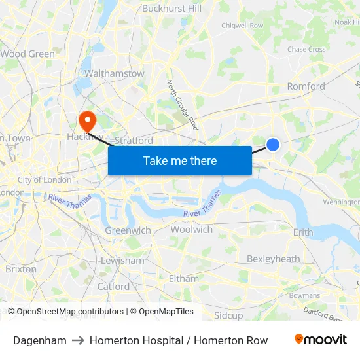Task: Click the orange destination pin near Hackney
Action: point(86,120)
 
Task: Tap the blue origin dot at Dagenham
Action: point(273,145)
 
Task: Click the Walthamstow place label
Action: point(114,74)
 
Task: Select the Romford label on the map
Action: point(306,86)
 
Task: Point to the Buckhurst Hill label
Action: point(171,9)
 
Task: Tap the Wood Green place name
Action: point(27,54)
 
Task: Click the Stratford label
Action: point(134,141)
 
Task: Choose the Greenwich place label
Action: point(128,230)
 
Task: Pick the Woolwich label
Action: point(191,230)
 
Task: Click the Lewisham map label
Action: point(122,261)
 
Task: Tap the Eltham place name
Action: point(183,278)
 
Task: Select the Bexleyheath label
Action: point(273,259)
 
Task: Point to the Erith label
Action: point(303,232)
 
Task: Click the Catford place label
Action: point(113,286)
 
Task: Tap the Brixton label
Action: point(21,269)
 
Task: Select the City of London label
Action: point(45,180)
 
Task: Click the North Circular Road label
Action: point(183,104)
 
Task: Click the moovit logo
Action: point(321,340)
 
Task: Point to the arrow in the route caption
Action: point(78,340)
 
